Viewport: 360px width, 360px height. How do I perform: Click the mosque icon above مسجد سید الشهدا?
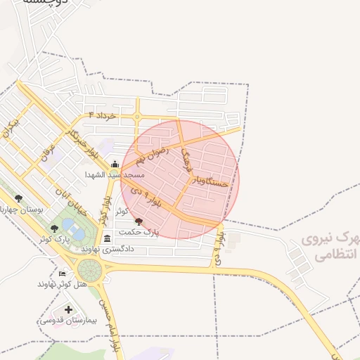[x=115, y=165]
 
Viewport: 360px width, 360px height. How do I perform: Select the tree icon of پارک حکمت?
[x=139, y=221]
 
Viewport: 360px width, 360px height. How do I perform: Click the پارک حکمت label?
[x=139, y=231]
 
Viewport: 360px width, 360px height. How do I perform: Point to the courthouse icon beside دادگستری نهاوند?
[x=107, y=239]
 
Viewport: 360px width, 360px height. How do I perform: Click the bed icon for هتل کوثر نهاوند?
[x=63, y=274]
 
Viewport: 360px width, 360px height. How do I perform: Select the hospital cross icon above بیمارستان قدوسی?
[x=68, y=309]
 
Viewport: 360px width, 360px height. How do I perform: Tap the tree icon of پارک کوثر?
[x=55, y=228]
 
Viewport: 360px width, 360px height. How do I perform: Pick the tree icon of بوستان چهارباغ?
[x=18, y=198]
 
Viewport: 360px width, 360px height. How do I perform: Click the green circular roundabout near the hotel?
[x=90, y=269]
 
